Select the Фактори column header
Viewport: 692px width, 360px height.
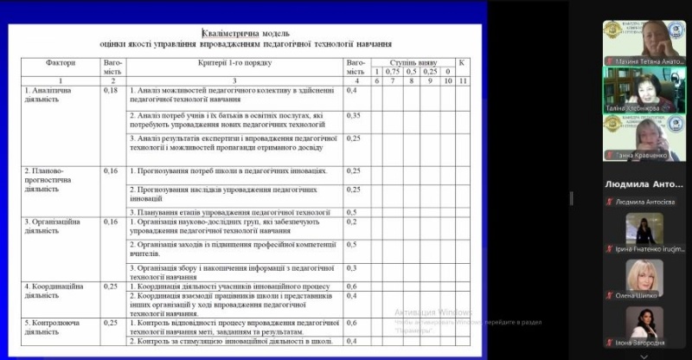pos(61,63)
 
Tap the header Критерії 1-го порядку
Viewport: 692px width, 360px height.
pos(234,63)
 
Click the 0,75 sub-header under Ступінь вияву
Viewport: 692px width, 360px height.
pos(392,71)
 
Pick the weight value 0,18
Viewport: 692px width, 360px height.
pos(110,89)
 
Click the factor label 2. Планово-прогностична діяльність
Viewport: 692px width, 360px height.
pos(47,179)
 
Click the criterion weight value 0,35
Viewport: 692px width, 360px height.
pos(353,114)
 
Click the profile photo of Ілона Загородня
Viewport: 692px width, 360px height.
pos(644,323)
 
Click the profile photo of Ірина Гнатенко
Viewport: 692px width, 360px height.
pos(644,229)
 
